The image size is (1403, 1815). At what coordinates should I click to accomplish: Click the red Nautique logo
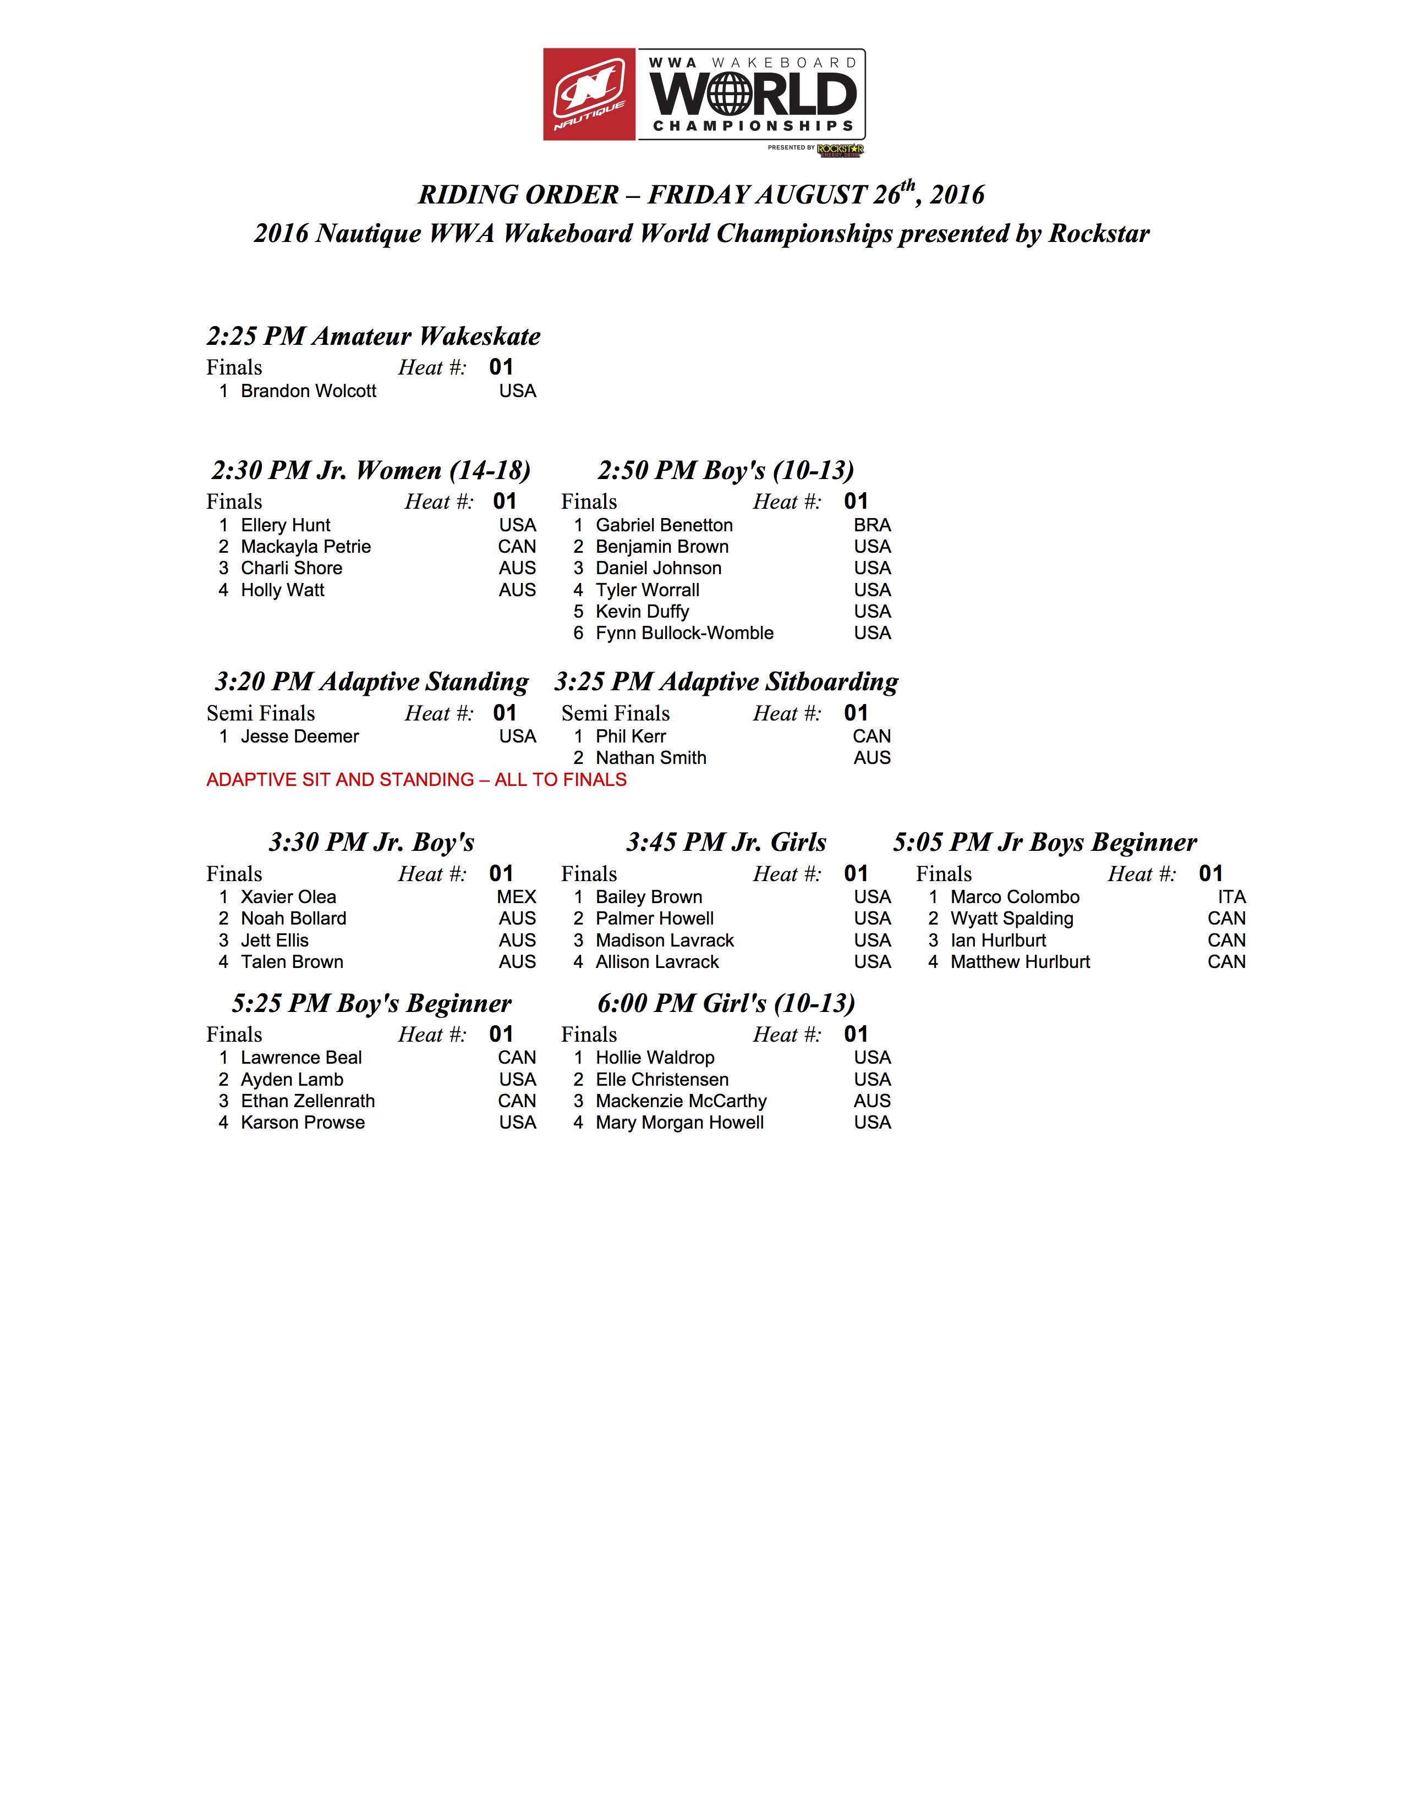coord(589,94)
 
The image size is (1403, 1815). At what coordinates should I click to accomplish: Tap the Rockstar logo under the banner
coord(840,150)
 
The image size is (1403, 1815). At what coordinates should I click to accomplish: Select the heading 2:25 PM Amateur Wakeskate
coord(373,335)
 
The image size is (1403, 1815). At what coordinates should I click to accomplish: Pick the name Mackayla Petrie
coord(306,547)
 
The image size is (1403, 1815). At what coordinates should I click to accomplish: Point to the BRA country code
coord(872,525)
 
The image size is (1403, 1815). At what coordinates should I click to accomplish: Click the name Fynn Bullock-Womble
coord(684,633)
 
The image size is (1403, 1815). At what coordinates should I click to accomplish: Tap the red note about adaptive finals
coord(416,779)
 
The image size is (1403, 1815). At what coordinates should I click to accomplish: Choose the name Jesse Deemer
coord(300,736)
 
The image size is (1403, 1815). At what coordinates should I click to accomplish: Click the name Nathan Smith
coord(651,758)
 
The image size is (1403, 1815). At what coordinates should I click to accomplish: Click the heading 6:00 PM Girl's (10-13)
coord(726,1003)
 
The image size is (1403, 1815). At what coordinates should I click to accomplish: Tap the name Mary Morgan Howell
coord(679,1123)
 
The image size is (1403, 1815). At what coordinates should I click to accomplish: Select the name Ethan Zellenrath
coord(308,1101)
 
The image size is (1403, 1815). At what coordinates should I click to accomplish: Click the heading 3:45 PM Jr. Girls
coord(726,842)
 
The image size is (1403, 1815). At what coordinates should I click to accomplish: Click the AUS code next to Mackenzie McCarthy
coord(872,1101)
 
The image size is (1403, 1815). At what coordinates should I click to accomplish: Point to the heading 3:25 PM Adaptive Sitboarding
coord(726,681)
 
